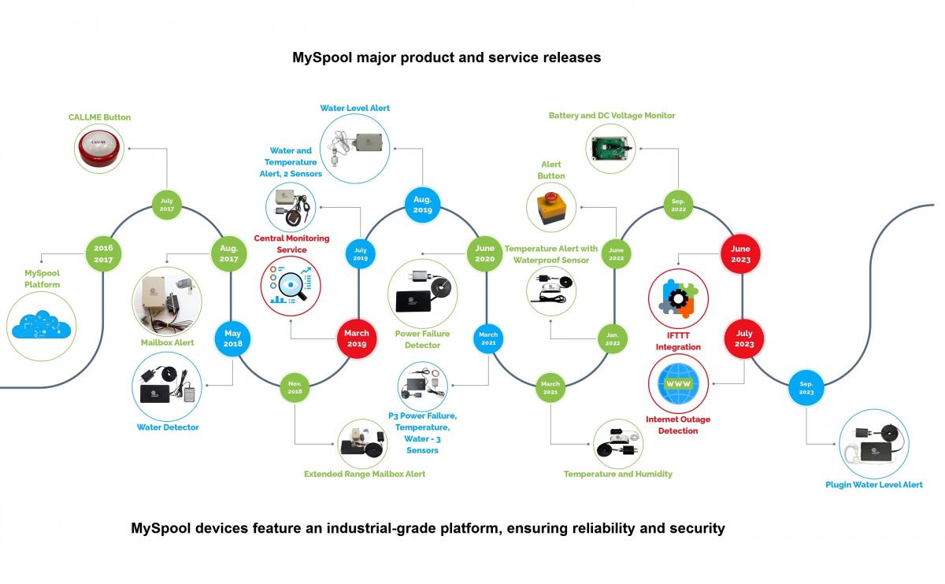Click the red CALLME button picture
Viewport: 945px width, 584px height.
(x=99, y=147)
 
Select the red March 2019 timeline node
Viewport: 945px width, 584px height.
(x=357, y=338)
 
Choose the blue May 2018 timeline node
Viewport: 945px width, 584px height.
(x=232, y=338)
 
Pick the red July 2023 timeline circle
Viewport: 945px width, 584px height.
(x=744, y=338)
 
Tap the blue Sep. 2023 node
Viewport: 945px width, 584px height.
(x=806, y=387)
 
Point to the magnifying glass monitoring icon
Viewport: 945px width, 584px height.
(x=291, y=286)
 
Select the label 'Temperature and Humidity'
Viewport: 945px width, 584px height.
(x=618, y=474)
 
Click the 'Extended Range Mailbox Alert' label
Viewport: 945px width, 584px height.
(x=365, y=474)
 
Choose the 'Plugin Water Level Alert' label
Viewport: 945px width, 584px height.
(x=873, y=485)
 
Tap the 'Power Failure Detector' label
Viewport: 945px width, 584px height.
(x=422, y=339)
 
